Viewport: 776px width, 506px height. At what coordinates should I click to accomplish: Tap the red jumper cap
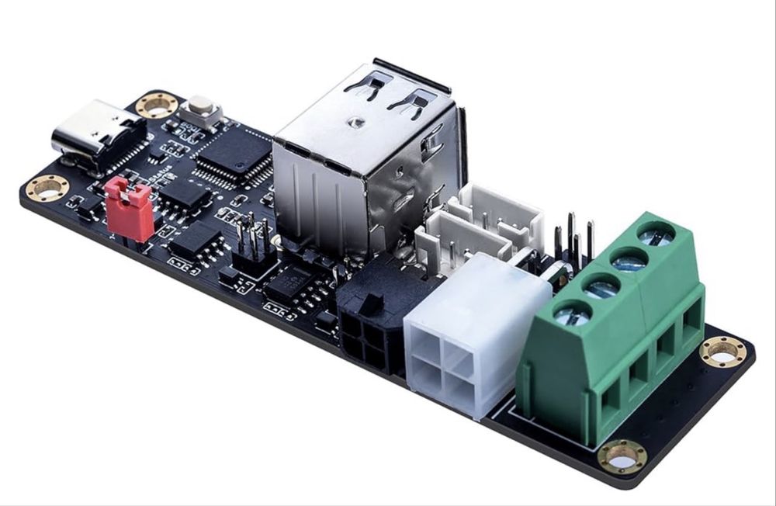tap(129, 209)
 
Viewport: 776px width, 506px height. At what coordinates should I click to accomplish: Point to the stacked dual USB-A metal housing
tap(365, 163)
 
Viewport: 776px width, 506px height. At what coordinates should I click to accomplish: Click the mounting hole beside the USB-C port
tap(157, 104)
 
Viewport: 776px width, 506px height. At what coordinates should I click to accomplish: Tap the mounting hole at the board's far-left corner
tap(47, 188)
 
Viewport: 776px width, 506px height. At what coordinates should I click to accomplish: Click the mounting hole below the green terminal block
tap(622, 456)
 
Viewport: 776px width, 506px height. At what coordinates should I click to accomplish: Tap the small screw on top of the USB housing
tap(355, 121)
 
